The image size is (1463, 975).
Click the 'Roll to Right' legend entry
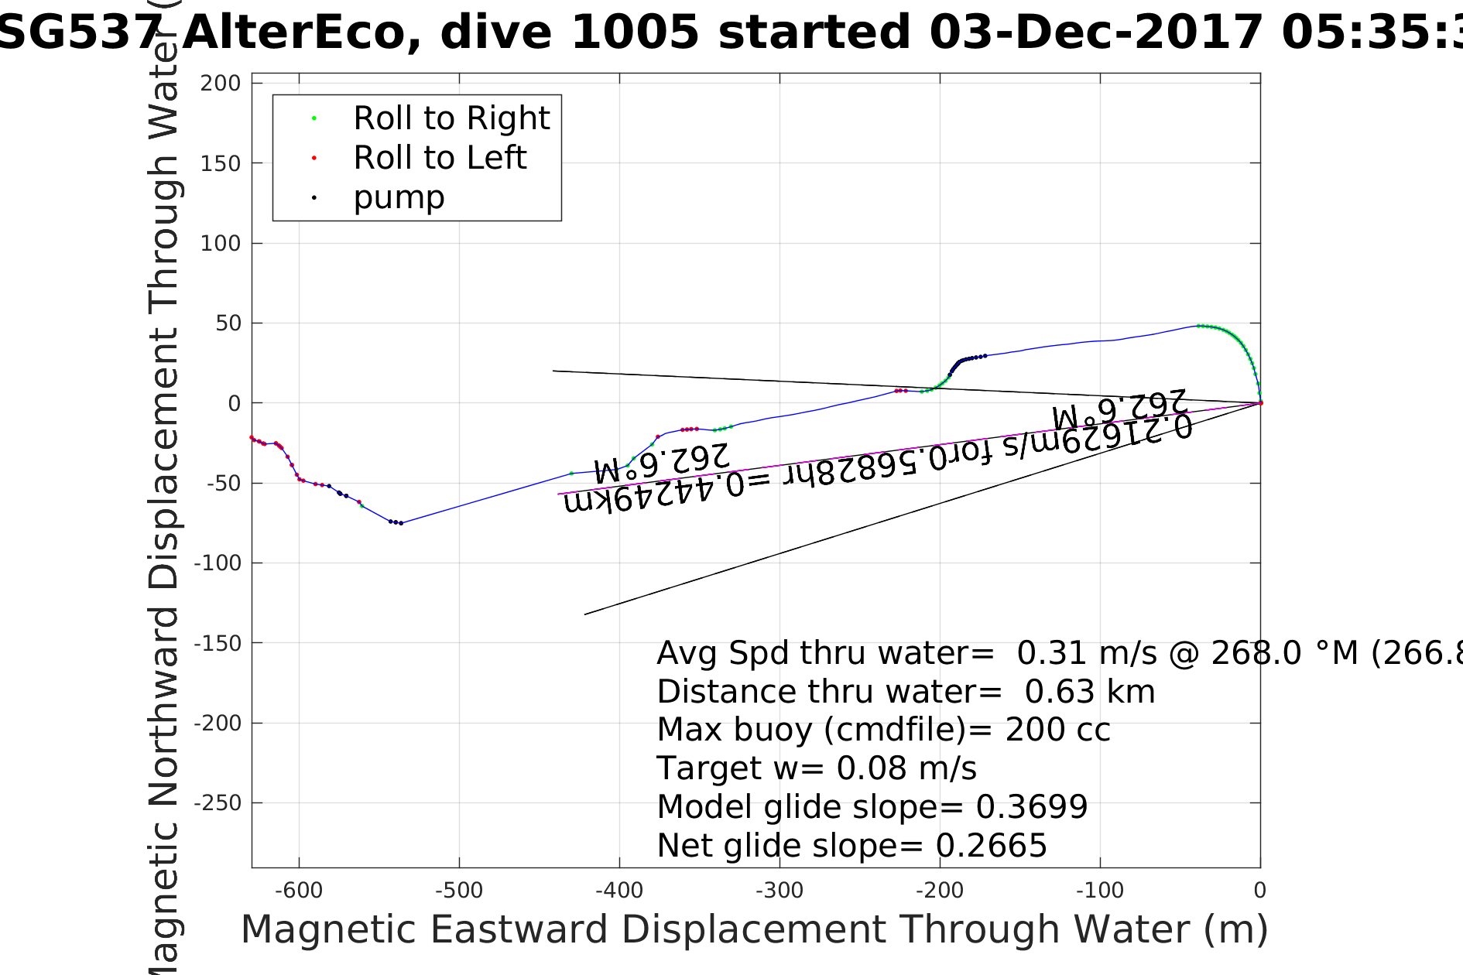(451, 118)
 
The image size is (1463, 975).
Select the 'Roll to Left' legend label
(439, 158)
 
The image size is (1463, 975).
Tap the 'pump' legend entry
(399, 197)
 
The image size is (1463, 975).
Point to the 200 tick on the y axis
(221, 83)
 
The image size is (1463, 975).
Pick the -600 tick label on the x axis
(299, 891)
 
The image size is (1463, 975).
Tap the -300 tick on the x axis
(779, 891)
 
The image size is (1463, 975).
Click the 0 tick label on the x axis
(1260, 891)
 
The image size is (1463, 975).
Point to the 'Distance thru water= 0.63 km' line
(906, 692)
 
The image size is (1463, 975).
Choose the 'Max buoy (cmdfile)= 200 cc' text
(883, 730)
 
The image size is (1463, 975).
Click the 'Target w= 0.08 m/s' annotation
(817, 768)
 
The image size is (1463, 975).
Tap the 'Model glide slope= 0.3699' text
(872, 806)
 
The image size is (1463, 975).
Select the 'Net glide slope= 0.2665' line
(851, 845)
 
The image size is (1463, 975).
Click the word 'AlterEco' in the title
(302, 33)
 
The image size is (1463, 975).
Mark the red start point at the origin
(1260, 403)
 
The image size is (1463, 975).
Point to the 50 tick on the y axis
(228, 323)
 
